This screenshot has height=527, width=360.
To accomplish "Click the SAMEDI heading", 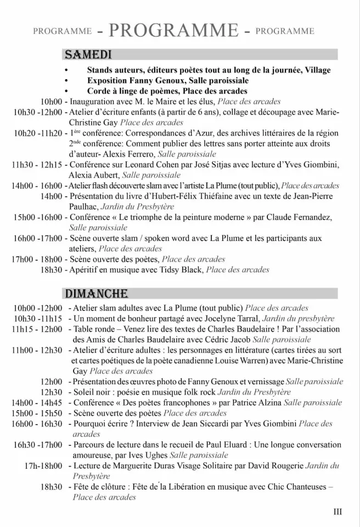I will pyautogui.click(x=88, y=55).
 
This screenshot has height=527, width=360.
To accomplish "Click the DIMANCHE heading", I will pyautogui.click(x=97, y=294).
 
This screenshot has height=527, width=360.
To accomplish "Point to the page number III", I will pyautogui.click(x=337, y=512).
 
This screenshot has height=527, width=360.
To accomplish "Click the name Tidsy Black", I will pyautogui.click(x=180, y=270).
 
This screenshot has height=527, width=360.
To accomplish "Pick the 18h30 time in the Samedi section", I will pyautogui.click(x=51, y=270).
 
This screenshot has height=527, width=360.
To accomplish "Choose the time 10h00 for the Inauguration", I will pyautogui.click(x=52, y=102).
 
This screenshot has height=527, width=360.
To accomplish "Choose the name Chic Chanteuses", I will pyautogui.click(x=300, y=486).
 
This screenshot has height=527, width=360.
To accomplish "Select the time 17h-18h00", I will pyautogui.click(x=43, y=466).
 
